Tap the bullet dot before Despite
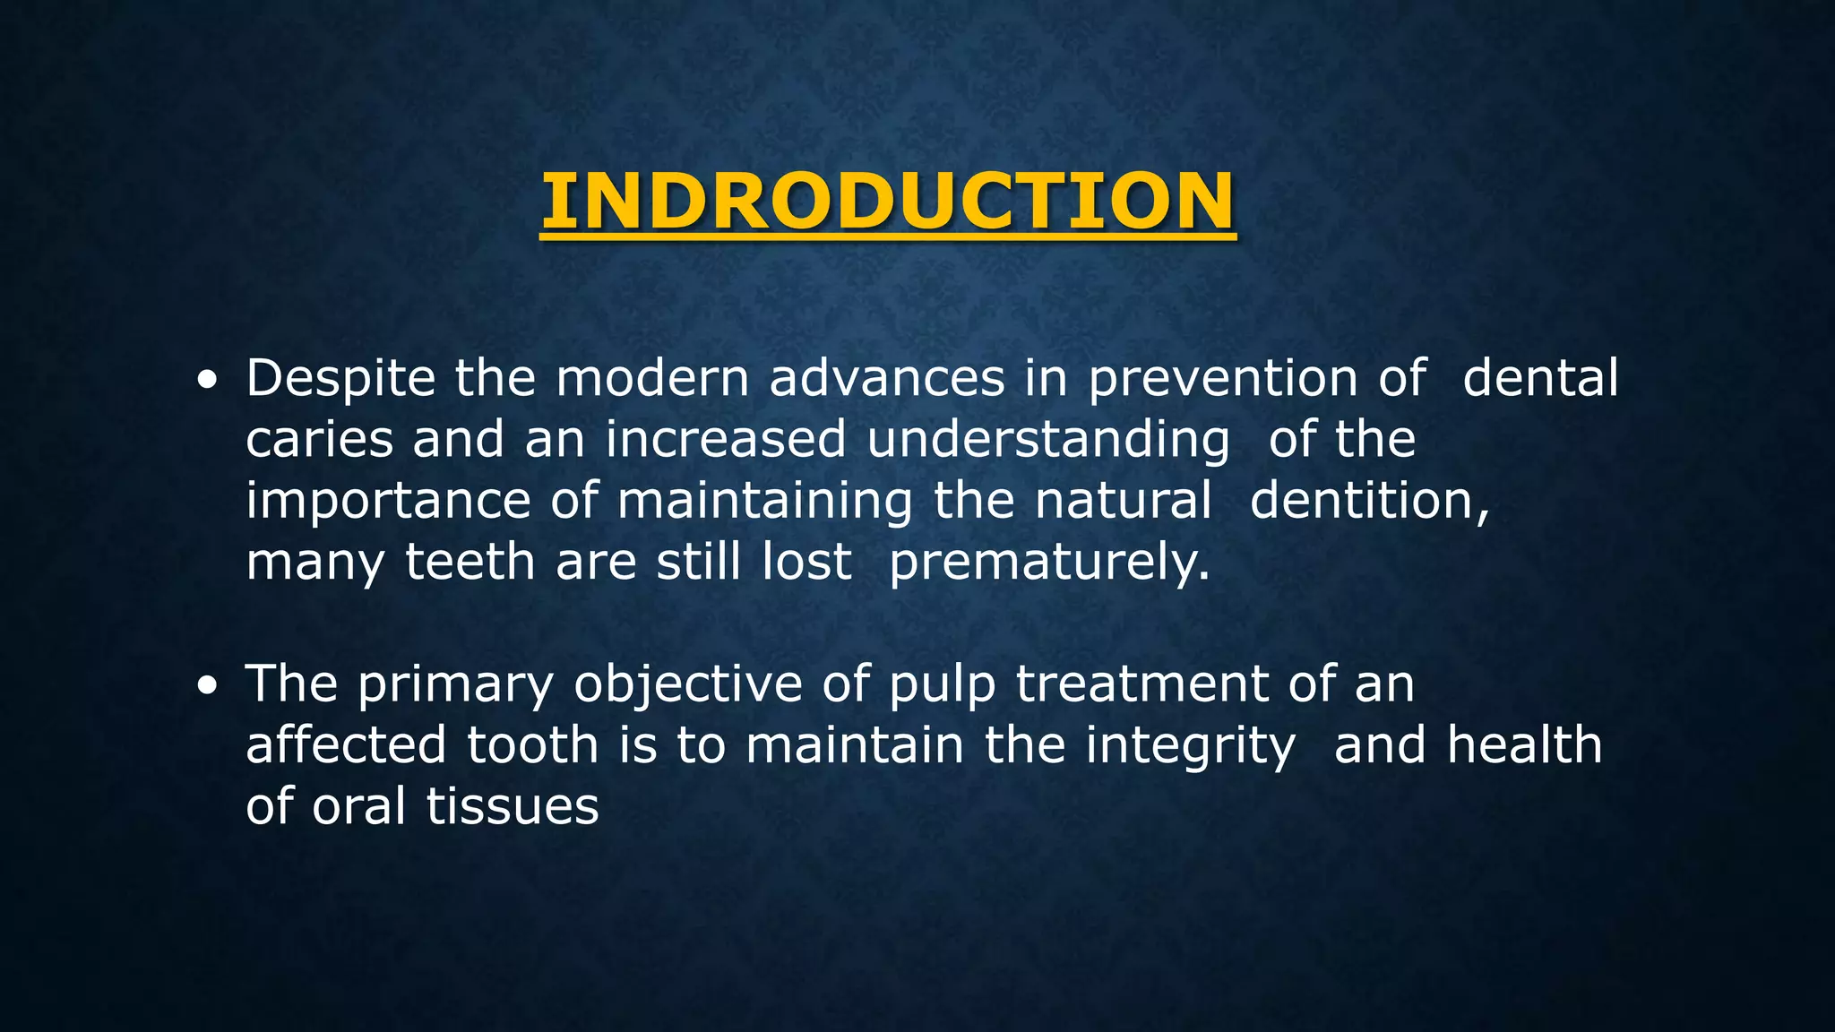pos(207,382)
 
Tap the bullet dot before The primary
pos(207,687)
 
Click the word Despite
pos(340,379)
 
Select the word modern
pos(652,379)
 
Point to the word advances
pos(887,379)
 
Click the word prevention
pos(1223,379)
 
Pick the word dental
pos(1540,379)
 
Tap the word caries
pos(320,441)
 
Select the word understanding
pos(1048,441)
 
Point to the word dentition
pos(1369,502)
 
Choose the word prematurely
pos(1049,563)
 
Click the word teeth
pos(470,563)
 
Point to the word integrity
pos(1191,747)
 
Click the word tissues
pos(512,806)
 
